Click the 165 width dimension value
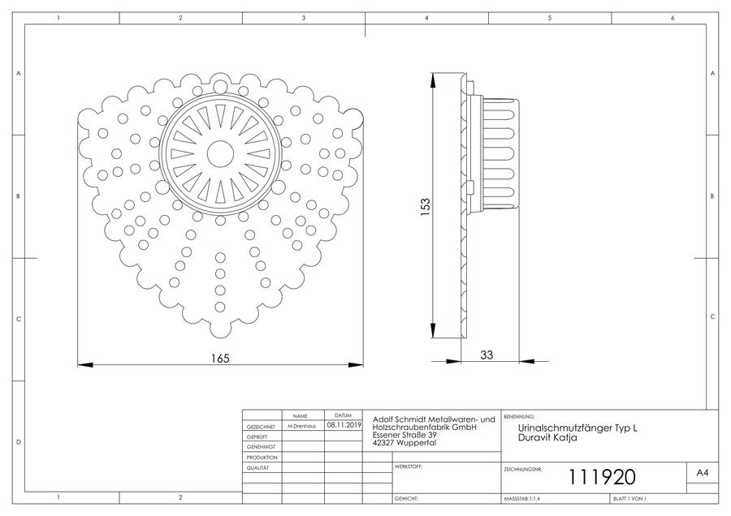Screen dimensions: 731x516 point(220,358)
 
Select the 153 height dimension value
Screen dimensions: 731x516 point(425,207)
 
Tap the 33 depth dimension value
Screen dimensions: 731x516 point(487,355)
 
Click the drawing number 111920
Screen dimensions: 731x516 point(602,477)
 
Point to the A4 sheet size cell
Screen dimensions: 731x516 point(702,473)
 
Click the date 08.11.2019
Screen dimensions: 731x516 point(344,424)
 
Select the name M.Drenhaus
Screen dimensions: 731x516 point(301,426)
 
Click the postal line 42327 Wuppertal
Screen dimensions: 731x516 point(404,442)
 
